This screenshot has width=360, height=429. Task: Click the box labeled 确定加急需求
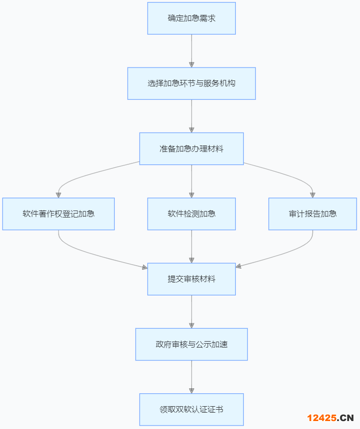[191, 18]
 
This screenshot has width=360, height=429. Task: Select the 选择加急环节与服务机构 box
[191, 83]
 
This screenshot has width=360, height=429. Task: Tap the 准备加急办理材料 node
[191, 148]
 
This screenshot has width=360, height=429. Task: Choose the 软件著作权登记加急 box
[59, 214]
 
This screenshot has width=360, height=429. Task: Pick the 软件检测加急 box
[191, 214]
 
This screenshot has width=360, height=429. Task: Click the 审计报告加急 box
[313, 214]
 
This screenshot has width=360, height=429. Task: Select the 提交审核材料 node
[191, 279]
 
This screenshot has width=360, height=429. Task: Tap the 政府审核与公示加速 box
[191, 344]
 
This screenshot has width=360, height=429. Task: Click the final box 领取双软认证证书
[191, 410]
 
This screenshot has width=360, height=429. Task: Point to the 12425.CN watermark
[330, 418]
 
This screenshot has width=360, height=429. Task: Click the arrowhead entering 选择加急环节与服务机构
[191, 65]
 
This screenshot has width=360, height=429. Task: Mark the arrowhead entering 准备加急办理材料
[191, 130]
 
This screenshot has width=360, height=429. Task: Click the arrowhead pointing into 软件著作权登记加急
[59, 195]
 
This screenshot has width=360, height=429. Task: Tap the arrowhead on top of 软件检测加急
[191, 195]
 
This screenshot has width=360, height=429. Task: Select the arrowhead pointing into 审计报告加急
[313, 195]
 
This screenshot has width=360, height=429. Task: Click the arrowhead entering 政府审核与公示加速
[191, 325]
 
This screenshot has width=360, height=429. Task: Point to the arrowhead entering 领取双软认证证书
[191, 390]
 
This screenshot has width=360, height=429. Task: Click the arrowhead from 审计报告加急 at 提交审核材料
[239, 267]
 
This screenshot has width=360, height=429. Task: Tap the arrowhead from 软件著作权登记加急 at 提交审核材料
[144, 267]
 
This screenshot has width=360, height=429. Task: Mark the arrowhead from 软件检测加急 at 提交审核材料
[191, 260]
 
